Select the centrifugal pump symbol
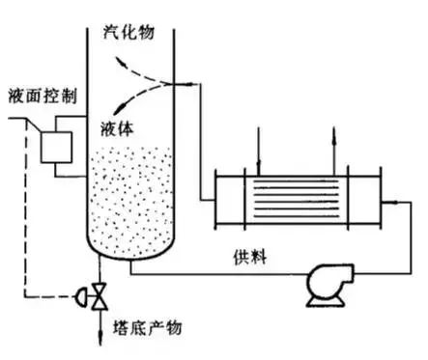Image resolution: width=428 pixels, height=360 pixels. pos(325,281)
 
